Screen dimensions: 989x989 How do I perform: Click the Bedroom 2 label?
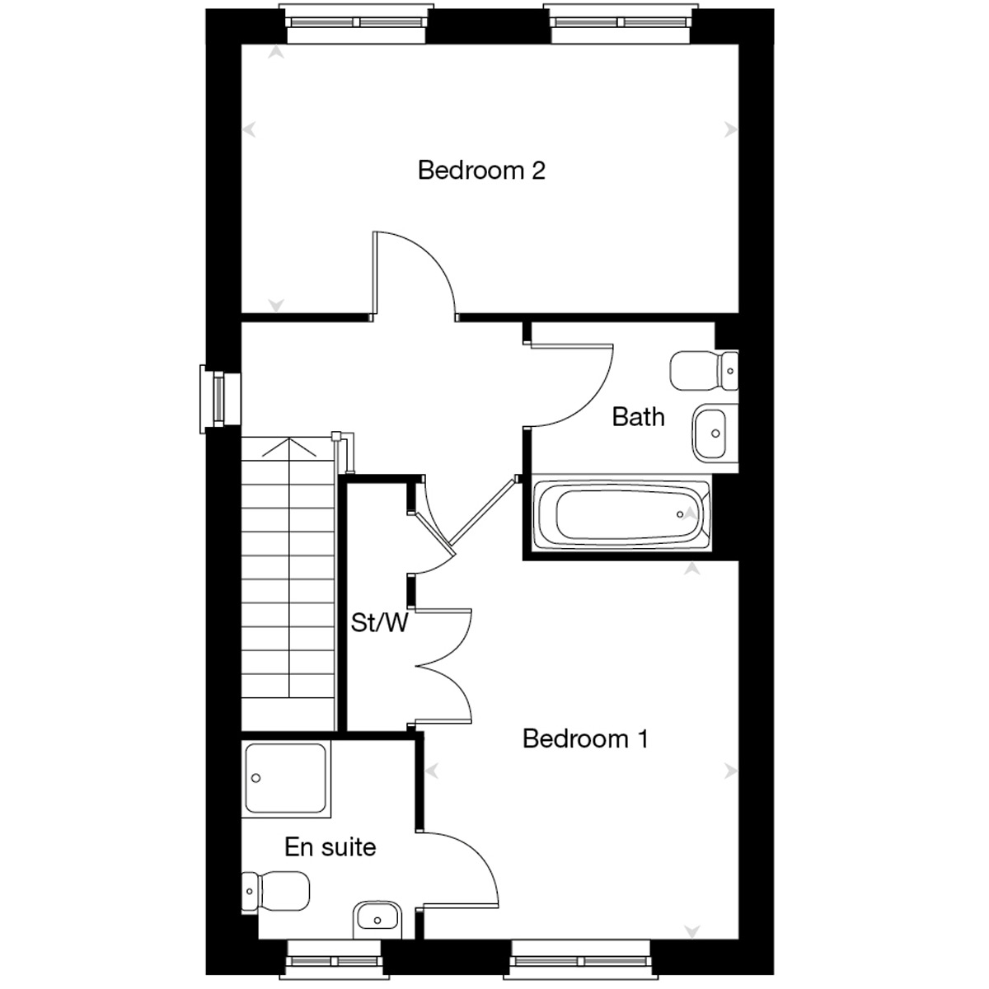click(x=480, y=170)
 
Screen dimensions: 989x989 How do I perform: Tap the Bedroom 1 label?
click(x=585, y=738)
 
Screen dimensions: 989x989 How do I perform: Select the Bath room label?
click(x=638, y=417)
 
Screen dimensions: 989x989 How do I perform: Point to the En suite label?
click(x=330, y=847)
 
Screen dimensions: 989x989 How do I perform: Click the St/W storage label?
click(x=379, y=622)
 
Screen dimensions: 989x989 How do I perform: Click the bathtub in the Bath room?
click(x=622, y=513)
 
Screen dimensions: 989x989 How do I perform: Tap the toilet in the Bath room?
click(x=704, y=371)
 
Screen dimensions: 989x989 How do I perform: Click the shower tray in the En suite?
click(x=286, y=779)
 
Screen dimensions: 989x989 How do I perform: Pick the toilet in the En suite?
click(x=275, y=891)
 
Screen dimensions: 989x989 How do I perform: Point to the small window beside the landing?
click(x=220, y=399)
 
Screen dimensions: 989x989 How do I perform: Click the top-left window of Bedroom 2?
click(x=356, y=23)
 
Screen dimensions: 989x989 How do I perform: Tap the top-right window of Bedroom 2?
click(x=621, y=23)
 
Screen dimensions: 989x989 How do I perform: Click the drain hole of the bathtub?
click(x=680, y=514)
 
